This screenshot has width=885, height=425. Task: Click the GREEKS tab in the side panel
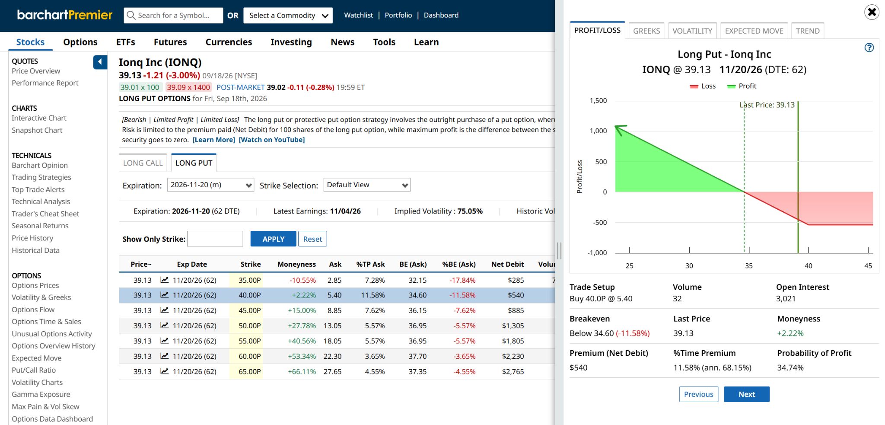(646, 31)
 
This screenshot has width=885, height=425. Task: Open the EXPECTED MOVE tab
(754, 31)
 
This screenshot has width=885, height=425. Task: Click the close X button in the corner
(872, 12)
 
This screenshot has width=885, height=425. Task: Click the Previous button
(698, 394)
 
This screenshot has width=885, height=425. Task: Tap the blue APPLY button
(273, 239)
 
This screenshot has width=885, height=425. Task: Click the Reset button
(312, 239)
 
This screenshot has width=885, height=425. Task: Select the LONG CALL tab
(143, 163)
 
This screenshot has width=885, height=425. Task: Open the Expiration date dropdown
(210, 185)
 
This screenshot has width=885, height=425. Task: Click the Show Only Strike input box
(215, 239)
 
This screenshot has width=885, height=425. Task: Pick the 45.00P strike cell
(250, 310)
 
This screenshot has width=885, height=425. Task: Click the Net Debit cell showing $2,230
(513, 356)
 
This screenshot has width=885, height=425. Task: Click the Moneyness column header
(296, 264)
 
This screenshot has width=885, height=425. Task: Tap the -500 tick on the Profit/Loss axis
(600, 223)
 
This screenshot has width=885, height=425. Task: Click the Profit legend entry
(742, 86)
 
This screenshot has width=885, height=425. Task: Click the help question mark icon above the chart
(869, 48)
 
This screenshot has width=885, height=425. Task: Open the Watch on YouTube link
(272, 140)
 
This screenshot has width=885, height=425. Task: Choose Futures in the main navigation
(170, 42)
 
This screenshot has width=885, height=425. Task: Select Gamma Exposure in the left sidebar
(41, 394)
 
